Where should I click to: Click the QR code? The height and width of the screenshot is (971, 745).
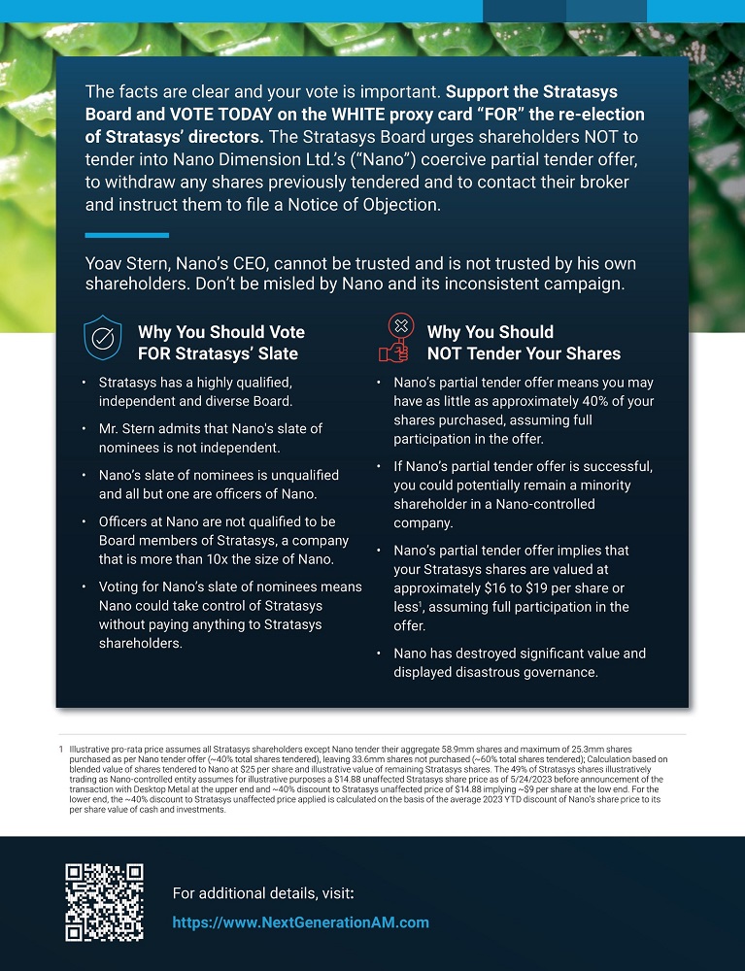tap(104, 902)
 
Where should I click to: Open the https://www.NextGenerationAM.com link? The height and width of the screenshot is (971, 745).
tap(300, 922)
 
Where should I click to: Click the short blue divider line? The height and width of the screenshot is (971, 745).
tap(127, 235)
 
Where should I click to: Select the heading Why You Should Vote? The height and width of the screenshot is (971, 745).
tap(221, 332)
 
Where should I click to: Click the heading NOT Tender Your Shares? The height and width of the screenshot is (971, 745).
tap(524, 353)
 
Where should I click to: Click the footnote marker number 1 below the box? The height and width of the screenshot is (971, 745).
tap(60, 750)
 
